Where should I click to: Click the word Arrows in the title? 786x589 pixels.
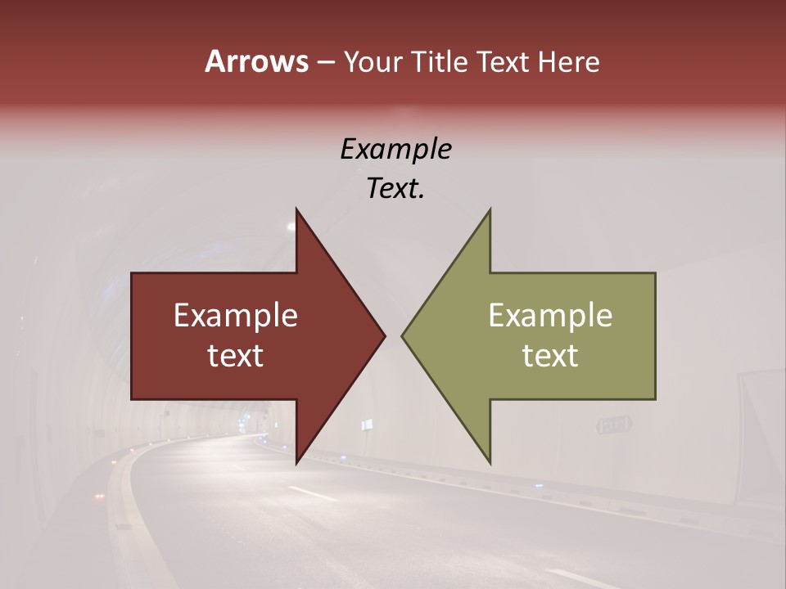click(x=256, y=61)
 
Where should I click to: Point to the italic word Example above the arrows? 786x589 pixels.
click(x=395, y=150)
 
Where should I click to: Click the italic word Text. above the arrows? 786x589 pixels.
click(x=395, y=189)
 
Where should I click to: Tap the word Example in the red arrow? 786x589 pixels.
click(x=236, y=316)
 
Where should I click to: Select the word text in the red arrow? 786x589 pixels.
click(x=236, y=356)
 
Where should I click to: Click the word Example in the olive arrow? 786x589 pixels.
click(x=550, y=316)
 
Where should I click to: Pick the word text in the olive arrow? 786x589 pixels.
click(x=550, y=356)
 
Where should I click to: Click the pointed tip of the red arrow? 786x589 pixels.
click(x=384, y=335)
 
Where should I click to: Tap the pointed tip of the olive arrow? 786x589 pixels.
click(x=403, y=335)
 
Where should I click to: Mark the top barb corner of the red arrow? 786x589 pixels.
click(x=296, y=209)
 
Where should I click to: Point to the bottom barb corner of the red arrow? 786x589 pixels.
click(x=296, y=462)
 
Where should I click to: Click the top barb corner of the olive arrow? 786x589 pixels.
click(x=490, y=209)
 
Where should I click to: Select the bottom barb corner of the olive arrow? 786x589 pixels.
click(x=490, y=462)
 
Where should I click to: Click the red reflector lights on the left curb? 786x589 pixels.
click(x=101, y=497)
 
